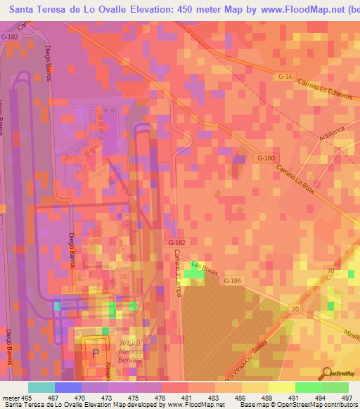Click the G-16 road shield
(x=284, y=75)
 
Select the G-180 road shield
(x=266, y=158)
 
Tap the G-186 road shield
(x=233, y=281)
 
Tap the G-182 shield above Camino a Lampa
(x=176, y=242)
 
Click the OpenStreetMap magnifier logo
(x=326, y=375)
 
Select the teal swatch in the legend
(x=41, y=387)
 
